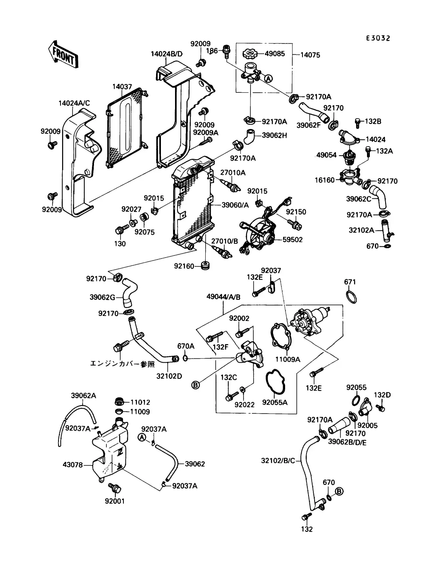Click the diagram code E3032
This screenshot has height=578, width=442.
pyautogui.click(x=378, y=38)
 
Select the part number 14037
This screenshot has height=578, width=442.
pyautogui.click(x=122, y=87)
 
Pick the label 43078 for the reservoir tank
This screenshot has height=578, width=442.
pyautogui.click(x=73, y=465)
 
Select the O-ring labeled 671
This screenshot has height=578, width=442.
pyautogui.click(x=352, y=297)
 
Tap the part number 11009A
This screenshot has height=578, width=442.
pyautogui.click(x=288, y=359)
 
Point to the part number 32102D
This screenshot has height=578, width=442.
pyautogui.click(x=169, y=376)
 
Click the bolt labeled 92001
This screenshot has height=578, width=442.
pyautogui.click(x=115, y=489)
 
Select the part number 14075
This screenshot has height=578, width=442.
pyautogui.click(x=310, y=55)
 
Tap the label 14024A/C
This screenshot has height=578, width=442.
pyautogui.click(x=74, y=103)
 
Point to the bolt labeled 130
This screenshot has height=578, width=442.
pyautogui.click(x=120, y=231)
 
